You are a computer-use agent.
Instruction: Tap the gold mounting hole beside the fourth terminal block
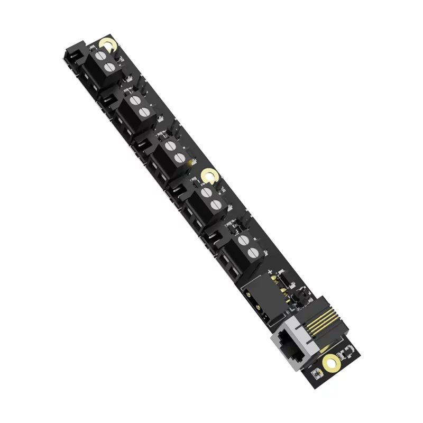(209, 176)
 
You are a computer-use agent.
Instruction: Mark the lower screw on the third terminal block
(178, 157)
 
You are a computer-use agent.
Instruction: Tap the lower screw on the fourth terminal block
(214, 204)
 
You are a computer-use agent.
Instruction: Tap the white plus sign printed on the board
(270, 272)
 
